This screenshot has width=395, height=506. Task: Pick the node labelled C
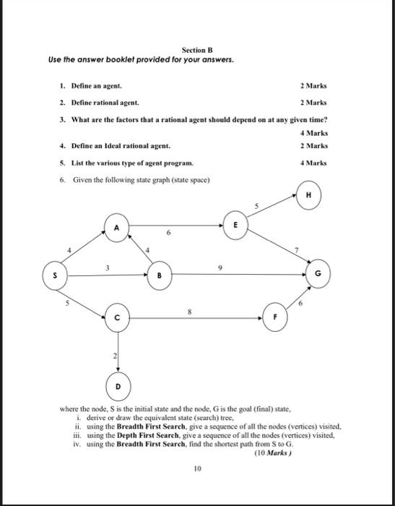coord(116,317)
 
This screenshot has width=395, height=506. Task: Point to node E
coord(235,225)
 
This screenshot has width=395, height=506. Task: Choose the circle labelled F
coord(275,317)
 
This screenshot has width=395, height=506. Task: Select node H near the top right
coord(308,194)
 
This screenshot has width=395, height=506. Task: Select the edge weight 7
coord(295,249)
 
